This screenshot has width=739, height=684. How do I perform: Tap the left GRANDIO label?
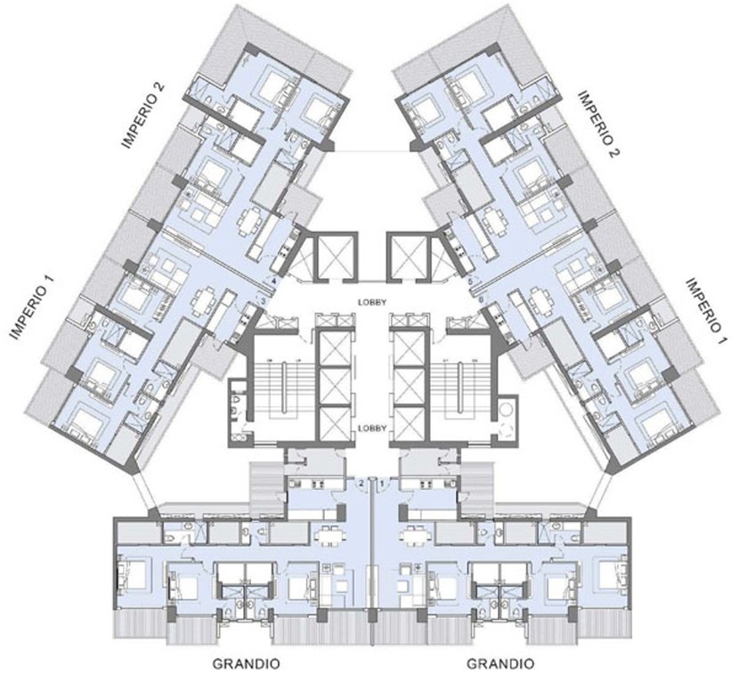pos(248,664)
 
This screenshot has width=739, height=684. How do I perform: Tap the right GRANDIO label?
pos(501,664)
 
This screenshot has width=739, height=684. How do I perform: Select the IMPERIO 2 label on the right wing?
pos(598,121)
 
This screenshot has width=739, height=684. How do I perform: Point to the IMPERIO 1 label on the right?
pos(707,311)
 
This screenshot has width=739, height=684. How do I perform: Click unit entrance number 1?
pos(383,483)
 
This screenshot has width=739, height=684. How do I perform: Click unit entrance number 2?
pos(361,483)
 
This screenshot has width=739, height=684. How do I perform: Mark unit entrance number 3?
pos(264,302)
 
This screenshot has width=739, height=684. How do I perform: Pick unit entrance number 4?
pos(274,281)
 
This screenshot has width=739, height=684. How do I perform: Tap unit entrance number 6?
pos(482,301)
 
